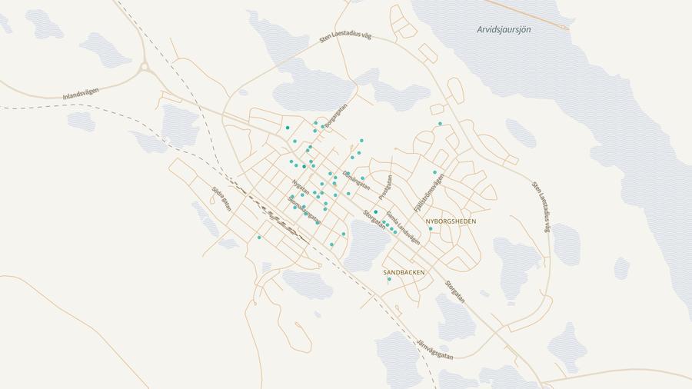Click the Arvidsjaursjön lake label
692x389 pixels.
504,29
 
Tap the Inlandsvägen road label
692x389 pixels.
81,94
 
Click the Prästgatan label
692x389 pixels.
385,188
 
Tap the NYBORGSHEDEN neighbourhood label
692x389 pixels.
451,221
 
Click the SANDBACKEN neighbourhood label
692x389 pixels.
404,272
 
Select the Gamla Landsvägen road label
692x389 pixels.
403,228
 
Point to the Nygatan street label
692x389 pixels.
301,188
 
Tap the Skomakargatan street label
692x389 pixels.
304,209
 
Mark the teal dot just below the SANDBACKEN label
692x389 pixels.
389,280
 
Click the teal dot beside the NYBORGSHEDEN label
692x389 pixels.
431,228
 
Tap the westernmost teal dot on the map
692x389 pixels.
259,238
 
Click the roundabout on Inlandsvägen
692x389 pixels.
144,68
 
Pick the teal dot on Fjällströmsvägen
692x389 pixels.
434,172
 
